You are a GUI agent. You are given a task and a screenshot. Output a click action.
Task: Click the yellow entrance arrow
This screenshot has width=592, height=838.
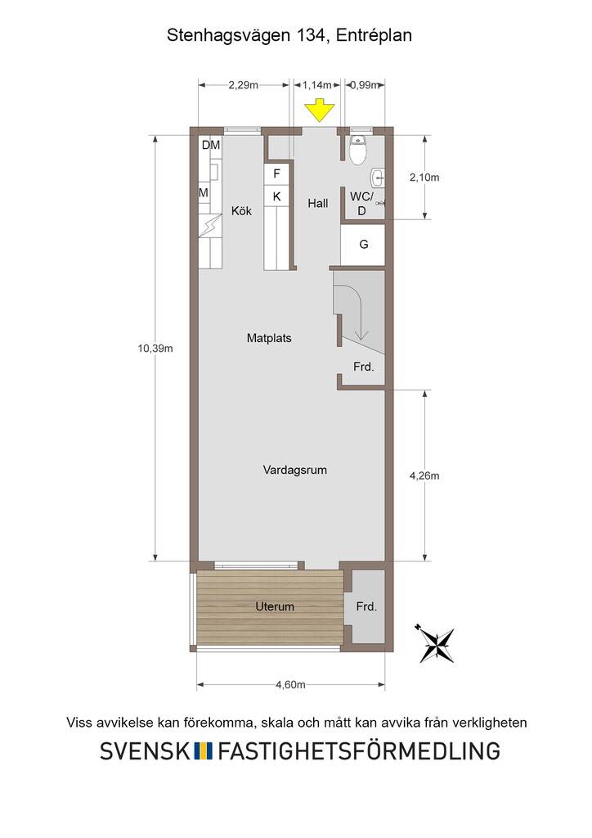click(x=319, y=110)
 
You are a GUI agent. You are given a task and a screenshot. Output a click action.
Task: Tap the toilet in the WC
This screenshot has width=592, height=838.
click(x=357, y=150)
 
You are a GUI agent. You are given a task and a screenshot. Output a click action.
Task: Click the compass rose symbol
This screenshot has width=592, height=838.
click(x=436, y=643)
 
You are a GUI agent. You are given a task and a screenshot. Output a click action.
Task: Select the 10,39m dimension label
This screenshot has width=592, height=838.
click(x=155, y=349)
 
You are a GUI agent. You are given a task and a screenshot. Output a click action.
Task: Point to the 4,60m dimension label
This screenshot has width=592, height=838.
click(x=290, y=685)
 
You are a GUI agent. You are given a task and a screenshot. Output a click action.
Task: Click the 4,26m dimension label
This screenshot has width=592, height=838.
click(x=424, y=475)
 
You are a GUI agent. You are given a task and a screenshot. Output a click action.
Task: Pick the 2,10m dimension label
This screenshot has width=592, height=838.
click(x=424, y=178)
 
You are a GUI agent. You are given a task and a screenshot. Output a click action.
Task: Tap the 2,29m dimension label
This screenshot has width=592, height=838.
click(x=244, y=85)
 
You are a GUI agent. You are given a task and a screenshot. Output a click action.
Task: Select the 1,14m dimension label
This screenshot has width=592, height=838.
click(x=317, y=85)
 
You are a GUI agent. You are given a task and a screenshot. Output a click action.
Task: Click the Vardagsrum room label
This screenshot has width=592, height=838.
click(x=294, y=471)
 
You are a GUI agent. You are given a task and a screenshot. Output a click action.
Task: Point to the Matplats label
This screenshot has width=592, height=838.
click(x=269, y=338)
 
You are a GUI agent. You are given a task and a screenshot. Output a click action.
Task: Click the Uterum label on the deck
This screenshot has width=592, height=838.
click(x=275, y=606)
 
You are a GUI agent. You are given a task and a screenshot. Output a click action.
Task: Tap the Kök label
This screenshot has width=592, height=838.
click(x=241, y=211)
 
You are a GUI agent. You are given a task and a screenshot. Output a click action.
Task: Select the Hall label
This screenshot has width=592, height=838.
click(x=317, y=203)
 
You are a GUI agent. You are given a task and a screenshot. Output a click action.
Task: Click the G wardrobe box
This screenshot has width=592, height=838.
click(x=363, y=245)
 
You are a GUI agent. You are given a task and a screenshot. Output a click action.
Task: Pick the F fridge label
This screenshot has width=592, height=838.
click(x=276, y=173)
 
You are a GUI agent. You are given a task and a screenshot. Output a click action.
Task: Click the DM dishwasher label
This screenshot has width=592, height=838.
click(x=210, y=145)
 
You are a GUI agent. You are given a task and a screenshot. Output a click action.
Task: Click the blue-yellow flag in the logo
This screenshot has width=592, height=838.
click(x=203, y=751)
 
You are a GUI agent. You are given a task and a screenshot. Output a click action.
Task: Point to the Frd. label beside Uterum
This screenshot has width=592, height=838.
click(x=366, y=606)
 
